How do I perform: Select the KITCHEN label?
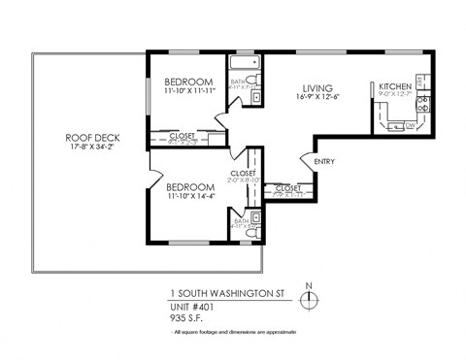point(395,86)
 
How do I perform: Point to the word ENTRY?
point(324,161)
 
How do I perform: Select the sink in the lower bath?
point(254,216)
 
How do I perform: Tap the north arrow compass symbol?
point(308,300)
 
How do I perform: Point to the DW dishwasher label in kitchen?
point(411,125)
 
